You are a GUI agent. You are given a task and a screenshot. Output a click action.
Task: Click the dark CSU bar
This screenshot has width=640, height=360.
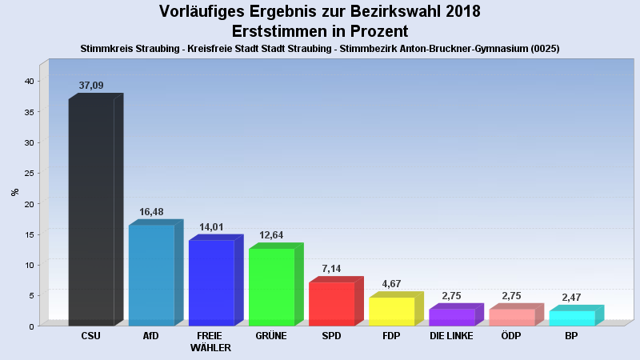click(91, 212)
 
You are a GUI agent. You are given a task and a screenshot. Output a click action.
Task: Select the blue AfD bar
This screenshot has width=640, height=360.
click(151, 275)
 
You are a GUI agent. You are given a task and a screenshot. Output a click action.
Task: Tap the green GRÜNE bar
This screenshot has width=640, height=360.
click(271, 287)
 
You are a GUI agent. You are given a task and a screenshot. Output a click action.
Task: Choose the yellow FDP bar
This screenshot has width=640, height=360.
click(391, 311)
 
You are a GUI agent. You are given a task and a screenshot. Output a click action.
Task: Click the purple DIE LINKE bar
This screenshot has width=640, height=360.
click(451, 317)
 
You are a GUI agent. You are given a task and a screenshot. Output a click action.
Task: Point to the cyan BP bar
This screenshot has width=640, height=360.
click(571, 318)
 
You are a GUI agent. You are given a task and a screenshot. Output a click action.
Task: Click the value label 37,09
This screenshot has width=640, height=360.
click(91, 85)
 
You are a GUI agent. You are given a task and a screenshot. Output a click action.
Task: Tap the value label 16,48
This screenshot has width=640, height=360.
click(151, 212)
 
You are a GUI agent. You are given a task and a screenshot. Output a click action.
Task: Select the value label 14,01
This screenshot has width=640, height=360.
click(211, 227)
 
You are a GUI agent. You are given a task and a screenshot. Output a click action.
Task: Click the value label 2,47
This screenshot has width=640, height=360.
click(571, 298)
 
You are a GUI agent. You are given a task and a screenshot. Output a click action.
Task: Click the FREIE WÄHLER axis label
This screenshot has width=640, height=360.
click(211, 342)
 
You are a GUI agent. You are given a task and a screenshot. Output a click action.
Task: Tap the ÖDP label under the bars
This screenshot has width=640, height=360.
click(511, 336)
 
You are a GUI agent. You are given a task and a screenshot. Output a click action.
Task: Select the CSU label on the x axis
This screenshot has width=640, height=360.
click(91, 336)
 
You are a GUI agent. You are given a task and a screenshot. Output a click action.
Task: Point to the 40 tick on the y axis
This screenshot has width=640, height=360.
click(28, 81)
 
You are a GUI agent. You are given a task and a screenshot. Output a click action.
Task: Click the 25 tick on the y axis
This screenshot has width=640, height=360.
click(28, 173)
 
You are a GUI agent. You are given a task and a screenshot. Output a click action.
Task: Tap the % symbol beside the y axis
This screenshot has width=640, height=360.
click(14, 192)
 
